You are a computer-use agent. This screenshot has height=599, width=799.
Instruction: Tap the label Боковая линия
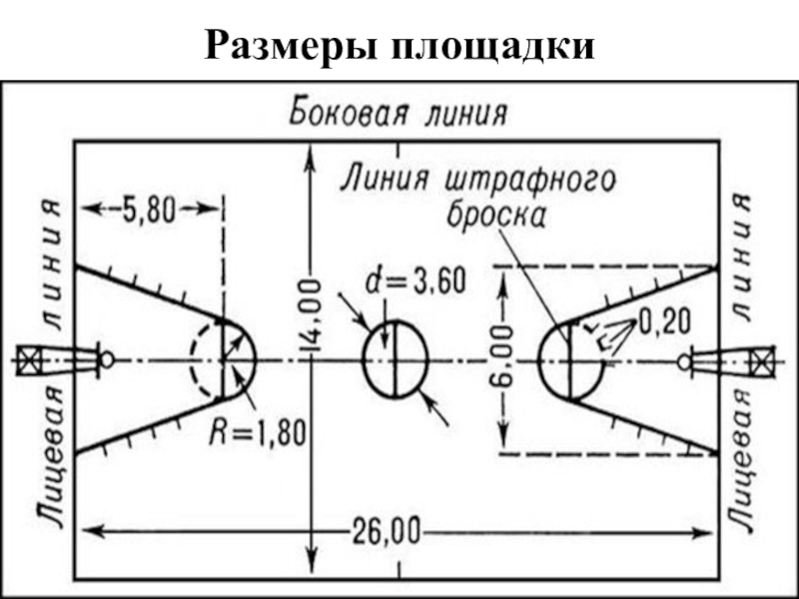pos(399,112)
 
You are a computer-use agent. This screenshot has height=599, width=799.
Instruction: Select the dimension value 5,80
pos(150,209)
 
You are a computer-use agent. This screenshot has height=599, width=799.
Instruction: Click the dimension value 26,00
pos(386,529)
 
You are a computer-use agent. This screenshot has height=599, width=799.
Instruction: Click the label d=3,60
pos(414,284)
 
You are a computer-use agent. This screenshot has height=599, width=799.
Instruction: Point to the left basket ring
pos(107,359)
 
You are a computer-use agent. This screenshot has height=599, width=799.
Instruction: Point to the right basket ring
pos(683,360)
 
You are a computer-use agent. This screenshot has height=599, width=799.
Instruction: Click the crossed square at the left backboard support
pos(28,359)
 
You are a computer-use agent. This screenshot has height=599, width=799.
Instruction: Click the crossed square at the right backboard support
pos(762,360)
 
